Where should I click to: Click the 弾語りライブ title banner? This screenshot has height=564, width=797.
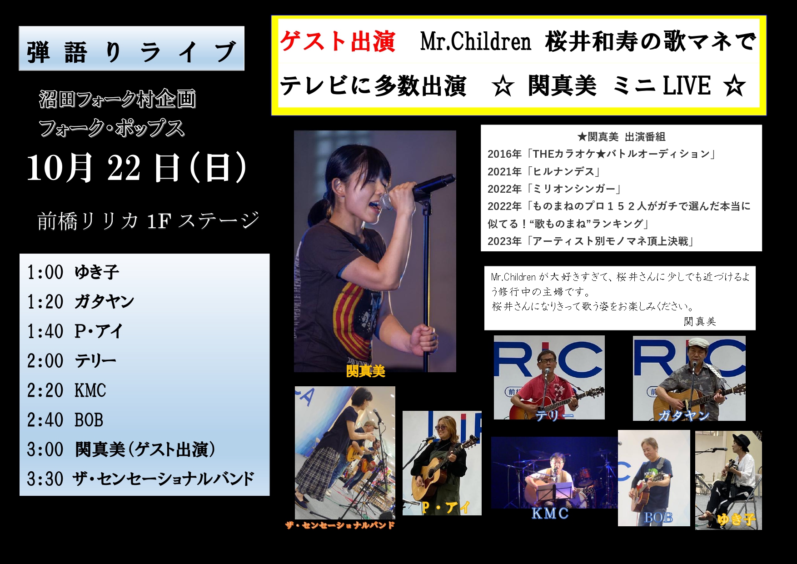point(131,48)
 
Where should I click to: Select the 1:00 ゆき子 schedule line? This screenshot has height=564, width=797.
point(73,272)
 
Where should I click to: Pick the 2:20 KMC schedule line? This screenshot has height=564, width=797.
point(66,390)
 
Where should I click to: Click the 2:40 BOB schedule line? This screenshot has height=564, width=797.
point(65,420)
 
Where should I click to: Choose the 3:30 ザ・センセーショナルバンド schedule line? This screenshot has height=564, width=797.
point(140,479)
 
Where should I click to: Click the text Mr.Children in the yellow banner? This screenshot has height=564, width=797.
point(475,42)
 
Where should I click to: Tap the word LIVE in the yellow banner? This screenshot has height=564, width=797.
point(687,85)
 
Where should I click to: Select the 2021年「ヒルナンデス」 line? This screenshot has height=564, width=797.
point(544,171)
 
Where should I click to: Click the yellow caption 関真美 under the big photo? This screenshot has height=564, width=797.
point(365,371)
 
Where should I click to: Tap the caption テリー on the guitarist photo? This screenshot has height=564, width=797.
point(554,414)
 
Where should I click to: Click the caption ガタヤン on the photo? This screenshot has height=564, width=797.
point(683,415)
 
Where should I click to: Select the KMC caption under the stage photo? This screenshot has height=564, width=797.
point(550,513)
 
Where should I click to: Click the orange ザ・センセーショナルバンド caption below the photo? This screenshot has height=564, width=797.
point(340,525)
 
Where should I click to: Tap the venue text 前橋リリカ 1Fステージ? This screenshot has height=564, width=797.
point(148,221)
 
